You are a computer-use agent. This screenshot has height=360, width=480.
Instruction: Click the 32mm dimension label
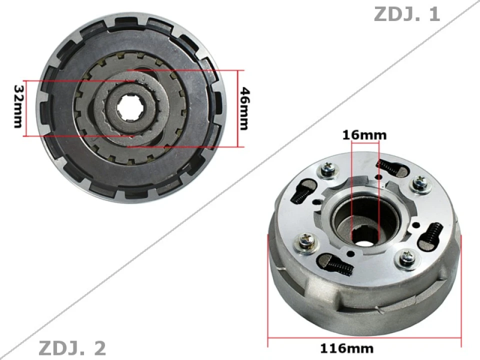(x=18, y=106)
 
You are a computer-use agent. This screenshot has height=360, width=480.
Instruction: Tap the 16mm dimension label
(x=364, y=134)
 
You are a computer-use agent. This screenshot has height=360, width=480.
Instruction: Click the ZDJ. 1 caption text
(x=406, y=13)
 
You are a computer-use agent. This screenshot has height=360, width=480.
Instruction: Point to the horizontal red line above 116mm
(x=364, y=337)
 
